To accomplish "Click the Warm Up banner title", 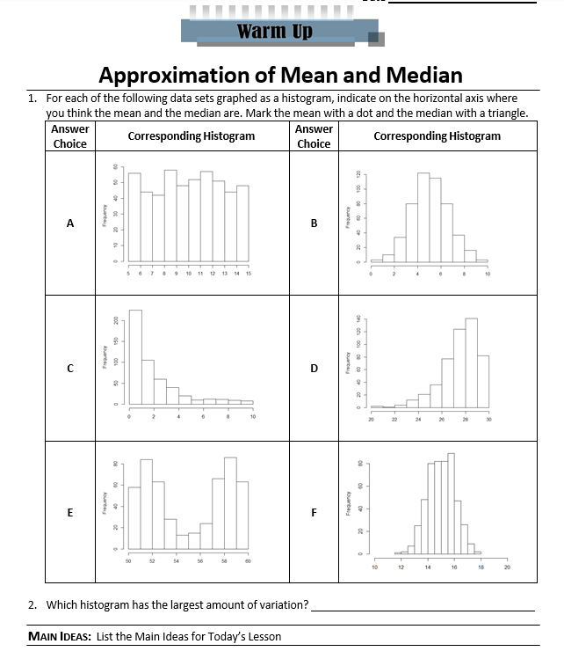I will click(x=274, y=32).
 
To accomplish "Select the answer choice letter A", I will click(x=70, y=223).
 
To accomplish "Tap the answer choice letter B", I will click(x=314, y=223).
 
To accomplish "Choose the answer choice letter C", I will click(x=70, y=369).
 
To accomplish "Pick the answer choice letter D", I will click(x=314, y=369).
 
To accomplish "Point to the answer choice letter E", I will click(x=70, y=512).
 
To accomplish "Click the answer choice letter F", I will click(x=314, y=512).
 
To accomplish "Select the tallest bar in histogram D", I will click(x=471, y=361).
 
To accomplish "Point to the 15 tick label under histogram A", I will click(x=249, y=274).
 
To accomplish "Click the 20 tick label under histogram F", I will click(x=507, y=567).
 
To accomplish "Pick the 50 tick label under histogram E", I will click(x=128, y=560).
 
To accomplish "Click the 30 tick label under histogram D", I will click(x=489, y=421).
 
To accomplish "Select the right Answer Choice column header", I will click(x=314, y=136).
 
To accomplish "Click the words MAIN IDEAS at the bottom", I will click(x=58, y=636).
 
